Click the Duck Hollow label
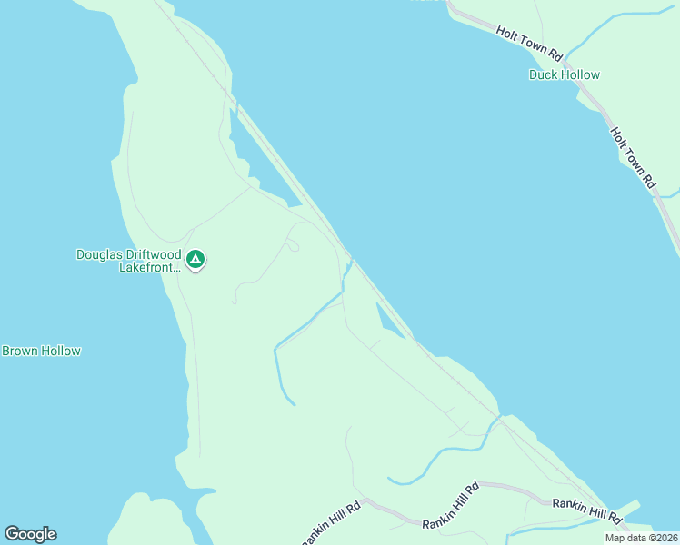[564, 74]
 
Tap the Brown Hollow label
[41, 351]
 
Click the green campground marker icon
[195, 261]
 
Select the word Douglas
[101, 255]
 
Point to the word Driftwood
[155, 255]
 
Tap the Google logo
[30, 533]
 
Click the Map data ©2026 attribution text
[641, 538]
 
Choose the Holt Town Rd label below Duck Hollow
[633, 157]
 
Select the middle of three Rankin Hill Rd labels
[451, 509]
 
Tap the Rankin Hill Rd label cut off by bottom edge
[332, 523]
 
